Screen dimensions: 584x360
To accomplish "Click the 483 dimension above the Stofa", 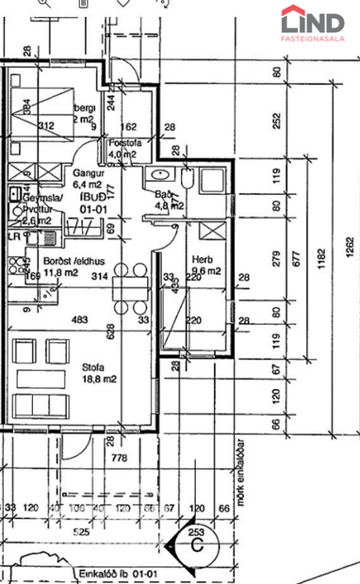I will tap(79, 320).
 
